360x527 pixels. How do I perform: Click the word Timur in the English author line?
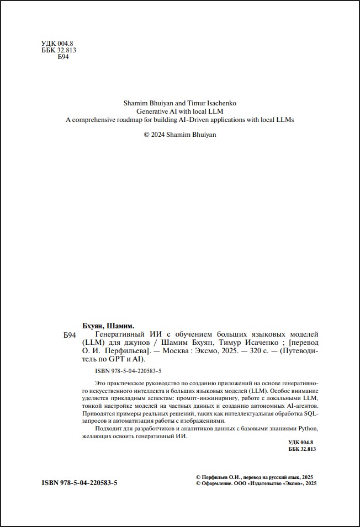[189, 103]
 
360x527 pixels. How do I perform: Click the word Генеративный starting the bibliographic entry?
[119, 334]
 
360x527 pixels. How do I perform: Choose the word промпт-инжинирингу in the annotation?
[211, 397]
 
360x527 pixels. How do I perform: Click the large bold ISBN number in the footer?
[80, 483]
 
